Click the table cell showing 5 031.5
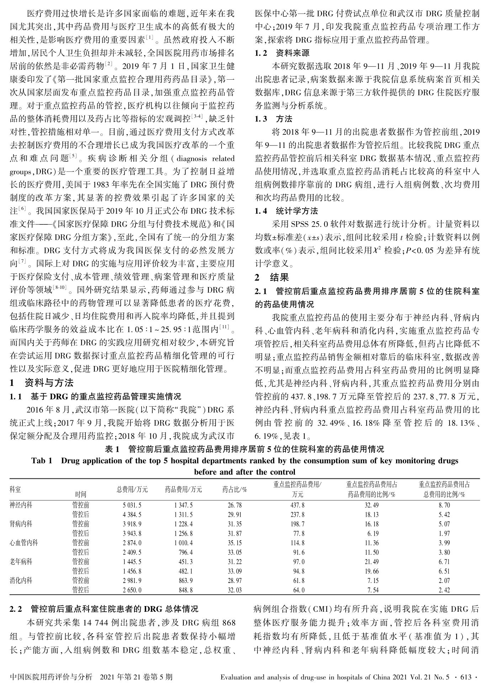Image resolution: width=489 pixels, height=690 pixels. [x=132, y=505]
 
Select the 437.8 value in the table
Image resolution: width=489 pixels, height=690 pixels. [x=297, y=505]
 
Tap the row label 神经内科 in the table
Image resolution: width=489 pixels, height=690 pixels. [x=21, y=505]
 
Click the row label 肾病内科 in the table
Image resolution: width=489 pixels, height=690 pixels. [x=21, y=524]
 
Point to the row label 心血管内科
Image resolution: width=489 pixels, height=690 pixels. [x=24, y=543]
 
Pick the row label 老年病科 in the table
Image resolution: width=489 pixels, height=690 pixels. [x=21, y=562]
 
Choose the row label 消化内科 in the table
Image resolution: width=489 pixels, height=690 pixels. [x=21, y=580]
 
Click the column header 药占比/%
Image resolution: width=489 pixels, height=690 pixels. [x=234, y=489]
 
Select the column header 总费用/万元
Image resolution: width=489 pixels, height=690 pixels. [x=132, y=489]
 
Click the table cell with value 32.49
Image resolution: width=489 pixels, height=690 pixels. [x=372, y=505]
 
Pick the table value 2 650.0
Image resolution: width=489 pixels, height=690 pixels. [x=132, y=590]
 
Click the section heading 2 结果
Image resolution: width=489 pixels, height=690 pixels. [x=272, y=277]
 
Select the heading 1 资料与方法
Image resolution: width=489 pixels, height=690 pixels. [x=42, y=383]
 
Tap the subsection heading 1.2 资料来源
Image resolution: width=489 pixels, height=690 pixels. [x=282, y=53]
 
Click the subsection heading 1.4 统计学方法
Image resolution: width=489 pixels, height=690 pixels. [x=286, y=211]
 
